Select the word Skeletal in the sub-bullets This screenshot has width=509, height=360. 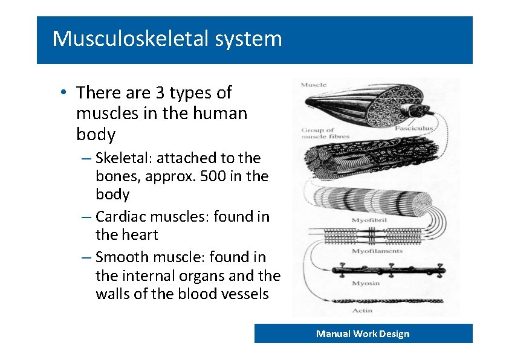(x=124, y=158)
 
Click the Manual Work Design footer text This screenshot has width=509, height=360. (x=363, y=333)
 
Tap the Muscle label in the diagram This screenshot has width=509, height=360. (x=313, y=85)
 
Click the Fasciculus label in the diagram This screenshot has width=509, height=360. (x=415, y=129)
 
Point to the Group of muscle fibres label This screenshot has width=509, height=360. (x=319, y=133)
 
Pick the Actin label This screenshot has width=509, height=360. (x=362, y=310)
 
